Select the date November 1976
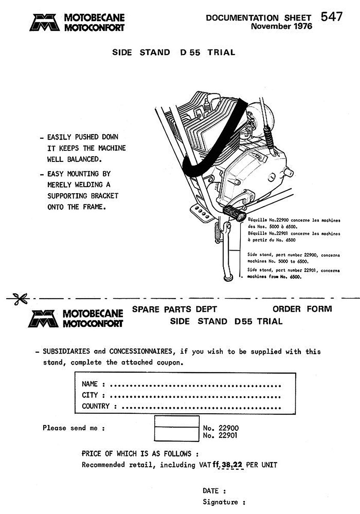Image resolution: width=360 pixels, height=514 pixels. point(282,26)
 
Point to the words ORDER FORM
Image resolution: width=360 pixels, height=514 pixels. point(302,309)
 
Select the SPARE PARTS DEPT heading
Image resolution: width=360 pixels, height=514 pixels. point(174,309)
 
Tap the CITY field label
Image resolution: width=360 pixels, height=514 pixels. point(90,395)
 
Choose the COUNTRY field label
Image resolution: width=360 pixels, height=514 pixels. point(96,406)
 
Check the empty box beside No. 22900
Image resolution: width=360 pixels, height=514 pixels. point(176,422)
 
